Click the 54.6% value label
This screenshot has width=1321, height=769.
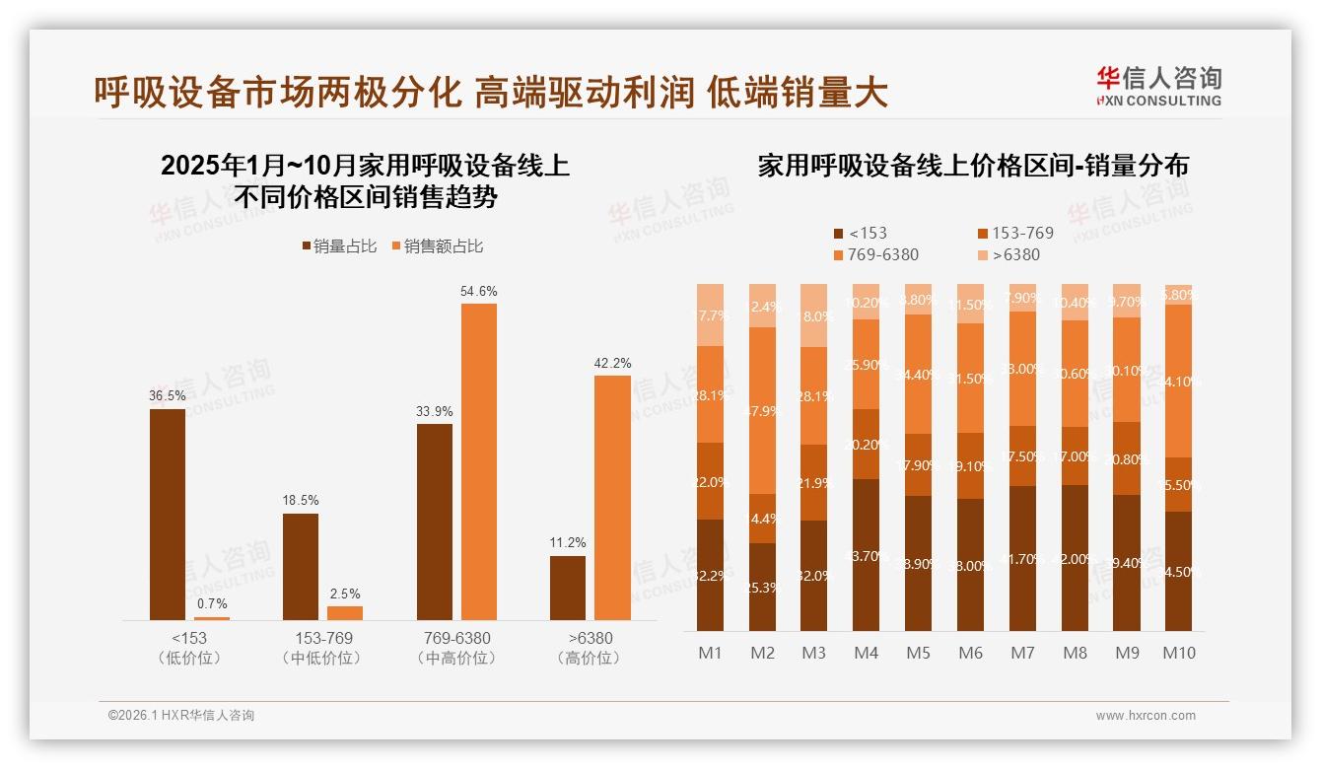[479, 292]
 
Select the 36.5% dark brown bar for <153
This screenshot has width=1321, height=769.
[168, 514]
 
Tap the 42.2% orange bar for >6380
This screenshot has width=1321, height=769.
[612, 497]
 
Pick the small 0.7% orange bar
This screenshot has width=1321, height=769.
[212, 618]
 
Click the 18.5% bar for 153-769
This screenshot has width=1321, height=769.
[301, 566]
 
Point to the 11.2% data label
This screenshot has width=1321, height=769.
[568, 542]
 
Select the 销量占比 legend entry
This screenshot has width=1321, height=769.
[339, 246]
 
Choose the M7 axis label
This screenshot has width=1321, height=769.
[1023, 653]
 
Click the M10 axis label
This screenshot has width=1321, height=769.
[1178, 653]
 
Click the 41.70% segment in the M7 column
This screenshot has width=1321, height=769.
[1023, 558]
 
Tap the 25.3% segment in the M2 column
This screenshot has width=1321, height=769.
[762, 587]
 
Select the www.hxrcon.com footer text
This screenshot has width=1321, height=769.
[1146, 716]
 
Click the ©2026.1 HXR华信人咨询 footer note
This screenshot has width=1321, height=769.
[181, 716]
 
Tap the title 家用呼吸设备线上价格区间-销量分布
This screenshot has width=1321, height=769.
[972, 166]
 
